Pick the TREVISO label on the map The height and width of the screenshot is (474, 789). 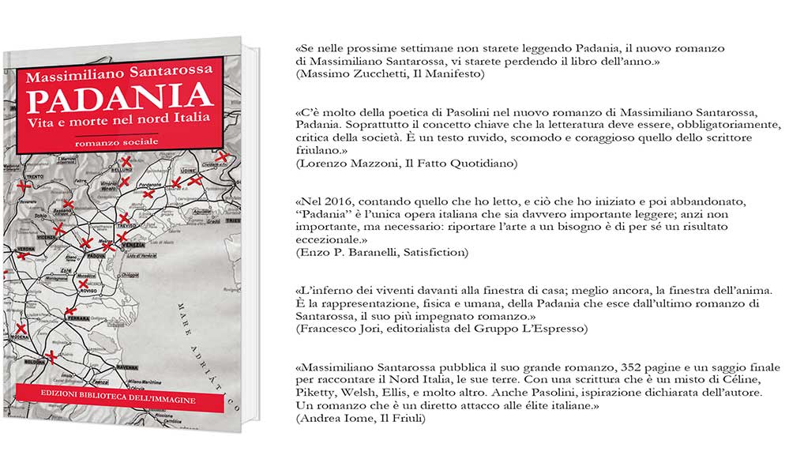coord(126,225)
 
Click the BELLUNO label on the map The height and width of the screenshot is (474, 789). coord(122,169)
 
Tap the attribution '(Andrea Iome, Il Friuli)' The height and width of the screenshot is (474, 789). coord(360,418)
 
